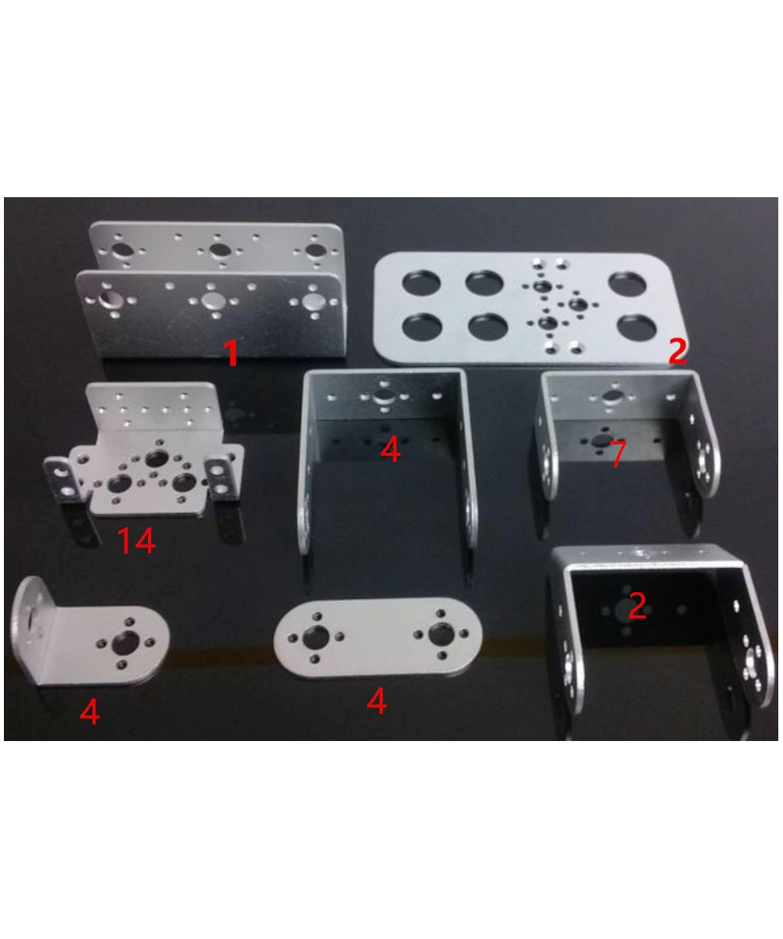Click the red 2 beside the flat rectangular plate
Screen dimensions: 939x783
[x=677, y=352]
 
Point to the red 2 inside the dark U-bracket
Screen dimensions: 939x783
[x=637, y=606]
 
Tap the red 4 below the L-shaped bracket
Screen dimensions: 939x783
[x=90, y=711]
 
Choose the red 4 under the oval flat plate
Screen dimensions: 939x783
[x=377, y=701]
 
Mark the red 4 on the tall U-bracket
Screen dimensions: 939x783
[x=389, y=450]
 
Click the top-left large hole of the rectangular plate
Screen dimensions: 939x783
[x=420, y=283]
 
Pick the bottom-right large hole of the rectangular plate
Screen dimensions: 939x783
[x=635, y=326]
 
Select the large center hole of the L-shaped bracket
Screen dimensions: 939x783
[x=123, y=643]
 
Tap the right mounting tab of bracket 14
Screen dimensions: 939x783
[x=222, y=477]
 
